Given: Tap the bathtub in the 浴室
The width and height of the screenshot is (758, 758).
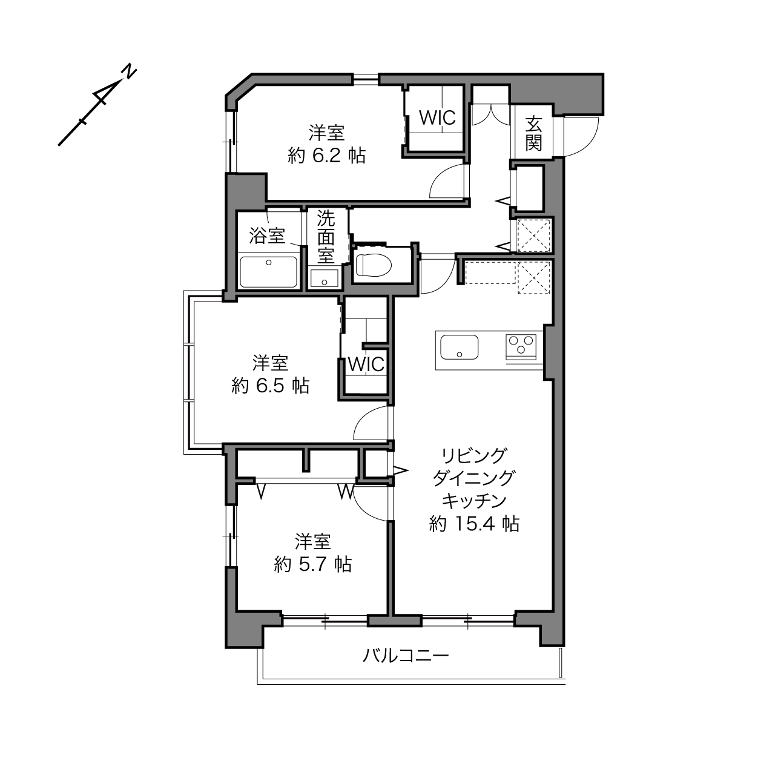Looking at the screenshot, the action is click(269, 272).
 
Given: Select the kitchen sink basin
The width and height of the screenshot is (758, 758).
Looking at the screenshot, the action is click(459, 347).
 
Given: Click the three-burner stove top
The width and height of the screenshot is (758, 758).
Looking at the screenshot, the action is click(521, 346).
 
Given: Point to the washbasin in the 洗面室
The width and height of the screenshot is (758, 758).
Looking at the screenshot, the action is click(324, 278).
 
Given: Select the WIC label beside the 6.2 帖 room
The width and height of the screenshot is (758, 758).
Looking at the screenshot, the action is click(437, 117).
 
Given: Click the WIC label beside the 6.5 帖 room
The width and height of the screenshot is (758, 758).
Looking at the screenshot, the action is click(366, 364).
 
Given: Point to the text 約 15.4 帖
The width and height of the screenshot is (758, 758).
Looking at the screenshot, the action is click(474, 524).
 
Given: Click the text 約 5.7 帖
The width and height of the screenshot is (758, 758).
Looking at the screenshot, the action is click(313, 565).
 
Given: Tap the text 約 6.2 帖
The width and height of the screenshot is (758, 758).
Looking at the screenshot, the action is click(326, 156).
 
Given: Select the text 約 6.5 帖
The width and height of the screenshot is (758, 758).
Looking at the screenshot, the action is click(270, 386).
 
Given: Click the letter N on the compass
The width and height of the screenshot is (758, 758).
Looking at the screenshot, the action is click(128, 73).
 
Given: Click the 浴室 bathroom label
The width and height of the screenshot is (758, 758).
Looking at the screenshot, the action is click(267, 236).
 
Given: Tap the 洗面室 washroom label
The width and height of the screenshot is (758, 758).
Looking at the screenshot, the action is click(326, 237).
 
